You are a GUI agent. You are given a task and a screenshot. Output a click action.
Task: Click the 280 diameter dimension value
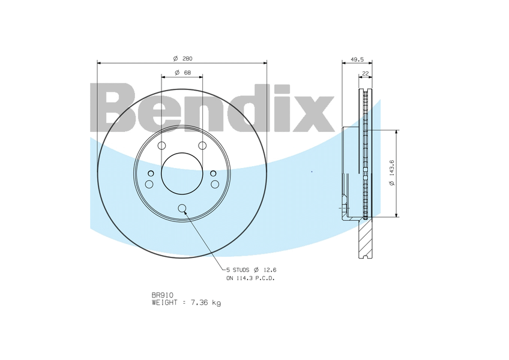point(186,58)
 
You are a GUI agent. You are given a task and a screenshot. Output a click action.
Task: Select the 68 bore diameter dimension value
point(187,73)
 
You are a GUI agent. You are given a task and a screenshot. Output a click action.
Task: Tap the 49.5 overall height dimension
point(357,59)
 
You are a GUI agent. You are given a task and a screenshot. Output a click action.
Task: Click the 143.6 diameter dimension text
point(391,172)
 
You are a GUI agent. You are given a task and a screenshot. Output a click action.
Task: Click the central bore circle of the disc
point(182,173)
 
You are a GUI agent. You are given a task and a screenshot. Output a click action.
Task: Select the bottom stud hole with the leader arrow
point(182,208)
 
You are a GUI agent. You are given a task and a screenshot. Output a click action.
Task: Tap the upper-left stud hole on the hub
point(161,146)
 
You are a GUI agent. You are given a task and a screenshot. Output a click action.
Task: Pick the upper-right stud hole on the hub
point(202,146)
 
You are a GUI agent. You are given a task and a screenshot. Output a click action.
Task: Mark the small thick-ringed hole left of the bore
point(151,174)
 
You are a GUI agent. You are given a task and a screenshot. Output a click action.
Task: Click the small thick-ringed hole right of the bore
point(213,174)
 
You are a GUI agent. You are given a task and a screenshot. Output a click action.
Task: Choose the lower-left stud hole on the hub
point(149,184)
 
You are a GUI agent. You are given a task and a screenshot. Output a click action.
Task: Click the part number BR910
point(162,295)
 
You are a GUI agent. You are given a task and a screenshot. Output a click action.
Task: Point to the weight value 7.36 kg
point(206,303)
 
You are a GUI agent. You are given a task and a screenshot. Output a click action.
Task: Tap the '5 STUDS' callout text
point(239,271)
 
